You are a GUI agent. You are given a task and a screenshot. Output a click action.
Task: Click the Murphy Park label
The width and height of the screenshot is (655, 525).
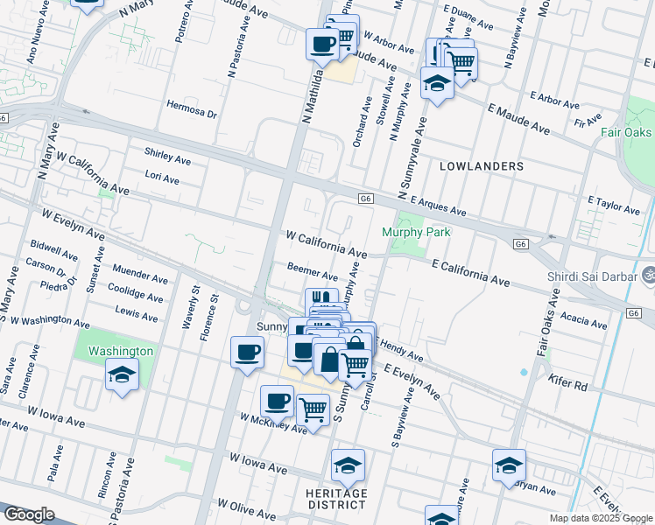416,232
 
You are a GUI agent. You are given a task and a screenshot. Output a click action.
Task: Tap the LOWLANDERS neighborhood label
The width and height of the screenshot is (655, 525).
482,165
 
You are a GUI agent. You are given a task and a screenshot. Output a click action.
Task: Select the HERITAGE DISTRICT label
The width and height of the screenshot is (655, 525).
337,499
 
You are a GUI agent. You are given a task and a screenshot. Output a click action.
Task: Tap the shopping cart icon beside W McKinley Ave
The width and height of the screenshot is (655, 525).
313,409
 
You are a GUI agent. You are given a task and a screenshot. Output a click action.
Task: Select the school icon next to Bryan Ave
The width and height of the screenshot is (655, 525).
509,465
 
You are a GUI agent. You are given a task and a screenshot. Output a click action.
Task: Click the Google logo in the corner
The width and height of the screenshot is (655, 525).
29,514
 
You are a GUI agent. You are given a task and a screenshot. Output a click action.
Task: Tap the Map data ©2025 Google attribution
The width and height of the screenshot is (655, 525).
600,518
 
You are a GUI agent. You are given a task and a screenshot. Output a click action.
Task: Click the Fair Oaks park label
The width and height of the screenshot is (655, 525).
626,133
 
